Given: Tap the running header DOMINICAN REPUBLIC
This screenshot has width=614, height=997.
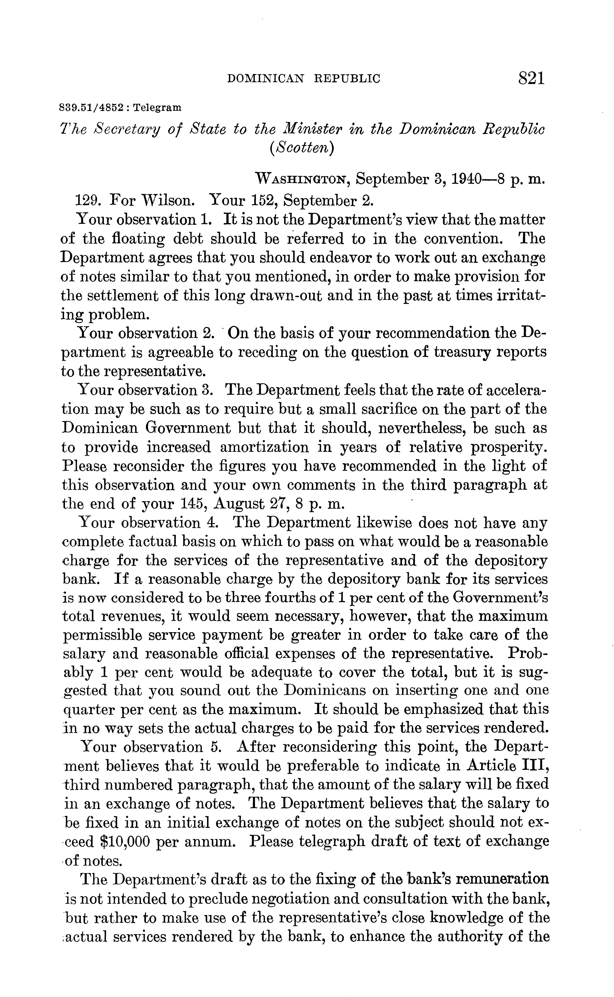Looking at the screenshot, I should point(304,78).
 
